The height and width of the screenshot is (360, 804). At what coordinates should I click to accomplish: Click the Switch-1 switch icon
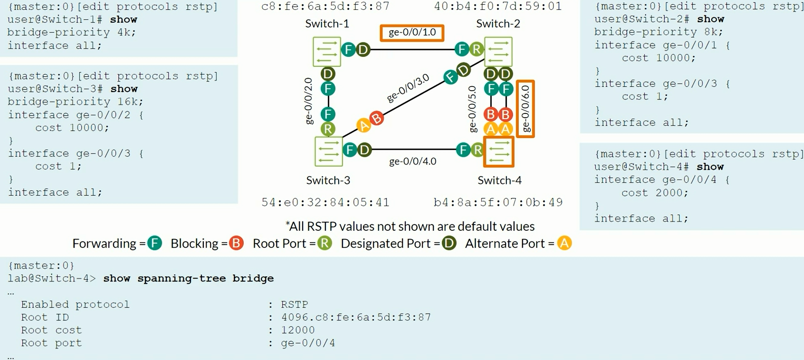(327, 52)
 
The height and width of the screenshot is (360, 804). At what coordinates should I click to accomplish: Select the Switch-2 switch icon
(498, 52)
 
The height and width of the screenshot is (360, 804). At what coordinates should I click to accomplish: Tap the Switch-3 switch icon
(328, 152)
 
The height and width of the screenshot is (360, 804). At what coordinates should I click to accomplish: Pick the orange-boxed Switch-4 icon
(499, 152)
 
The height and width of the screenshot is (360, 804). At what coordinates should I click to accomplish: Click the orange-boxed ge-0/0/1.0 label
(412, 33)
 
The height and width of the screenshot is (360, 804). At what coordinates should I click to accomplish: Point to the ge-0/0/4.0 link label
(413, 161)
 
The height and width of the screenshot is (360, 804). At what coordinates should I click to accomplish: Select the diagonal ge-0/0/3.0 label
(408, 88)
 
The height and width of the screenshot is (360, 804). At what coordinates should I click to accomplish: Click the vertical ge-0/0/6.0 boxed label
(525, 109)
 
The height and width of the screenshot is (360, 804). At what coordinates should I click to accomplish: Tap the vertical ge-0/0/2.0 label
(309, 101)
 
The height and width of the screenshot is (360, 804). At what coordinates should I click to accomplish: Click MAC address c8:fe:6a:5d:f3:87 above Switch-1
(325, 6)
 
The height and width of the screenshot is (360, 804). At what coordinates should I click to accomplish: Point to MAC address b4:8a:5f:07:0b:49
(498, 202)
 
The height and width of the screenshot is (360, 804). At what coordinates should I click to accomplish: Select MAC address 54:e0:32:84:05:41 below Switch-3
(325, 202)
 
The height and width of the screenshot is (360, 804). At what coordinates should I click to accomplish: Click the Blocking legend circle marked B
(236, 243)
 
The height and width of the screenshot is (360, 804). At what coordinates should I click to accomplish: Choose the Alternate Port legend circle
(564, 243)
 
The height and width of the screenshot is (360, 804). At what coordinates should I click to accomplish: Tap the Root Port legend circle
(325, 243)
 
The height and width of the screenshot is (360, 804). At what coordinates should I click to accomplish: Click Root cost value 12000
(298, 330)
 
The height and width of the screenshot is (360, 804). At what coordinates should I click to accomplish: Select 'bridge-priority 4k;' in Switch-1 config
(72, 32)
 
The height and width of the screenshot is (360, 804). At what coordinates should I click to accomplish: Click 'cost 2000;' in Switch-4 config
(654, 192)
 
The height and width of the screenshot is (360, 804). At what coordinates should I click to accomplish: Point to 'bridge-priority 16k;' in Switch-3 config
(75, 102)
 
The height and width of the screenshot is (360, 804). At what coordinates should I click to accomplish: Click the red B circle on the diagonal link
(377, 118)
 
